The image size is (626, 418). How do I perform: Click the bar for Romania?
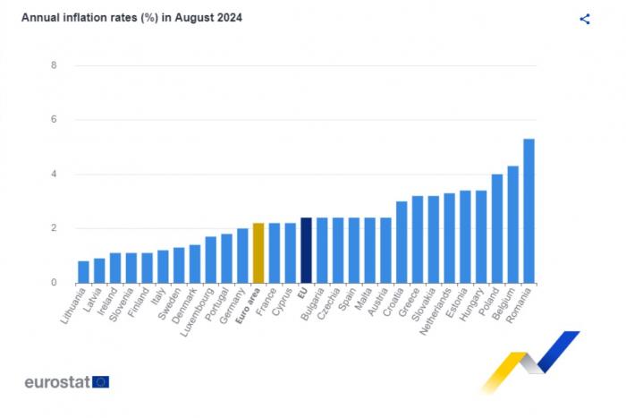[529, 210]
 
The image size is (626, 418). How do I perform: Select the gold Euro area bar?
[258, 252]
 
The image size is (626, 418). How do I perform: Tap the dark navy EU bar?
[306, 250]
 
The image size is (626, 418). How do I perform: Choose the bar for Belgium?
[512, 224]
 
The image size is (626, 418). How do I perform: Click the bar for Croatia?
[402, 242]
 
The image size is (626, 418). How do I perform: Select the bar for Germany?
[242, 255]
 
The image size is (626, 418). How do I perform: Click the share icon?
[585, 19]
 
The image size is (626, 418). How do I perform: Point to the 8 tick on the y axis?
[55, 65]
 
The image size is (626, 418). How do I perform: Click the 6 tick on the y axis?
[55, 120]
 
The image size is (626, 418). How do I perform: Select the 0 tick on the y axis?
[55, 283]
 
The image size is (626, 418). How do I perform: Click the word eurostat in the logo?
[57, 382]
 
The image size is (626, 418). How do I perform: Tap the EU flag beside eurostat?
[100, 382]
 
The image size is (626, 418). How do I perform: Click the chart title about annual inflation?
[131, 18]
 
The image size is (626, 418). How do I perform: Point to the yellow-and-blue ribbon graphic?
[530, 360]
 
